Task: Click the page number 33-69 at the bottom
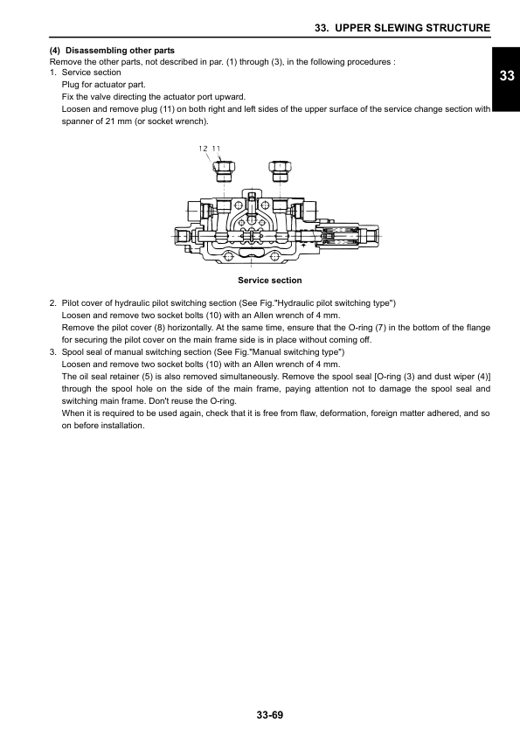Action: [x=270, y=715]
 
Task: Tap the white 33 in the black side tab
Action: [x=507, y=76]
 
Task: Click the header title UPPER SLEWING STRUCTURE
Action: [x=413, y=28]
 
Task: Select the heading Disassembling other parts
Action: [x=120, y=50]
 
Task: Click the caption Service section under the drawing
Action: [x=270, y=281]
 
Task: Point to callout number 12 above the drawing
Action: [x=204, y=149]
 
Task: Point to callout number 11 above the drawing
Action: [x=216, y=149]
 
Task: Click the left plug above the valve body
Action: [x=225, y=170]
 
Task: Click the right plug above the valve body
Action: [x=280, y=170]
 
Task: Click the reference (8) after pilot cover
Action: [x=160, y=328]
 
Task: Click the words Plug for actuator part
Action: [x=104, y=85]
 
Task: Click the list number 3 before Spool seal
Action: [x=52, y=352]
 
